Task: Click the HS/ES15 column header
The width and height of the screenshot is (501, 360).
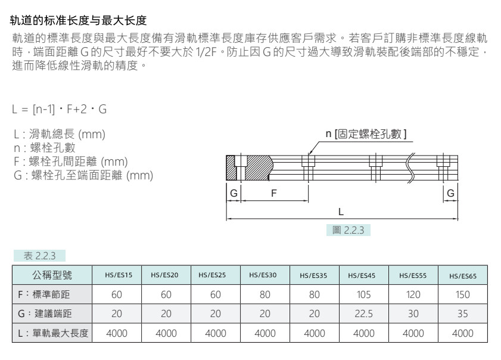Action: coord(118,275)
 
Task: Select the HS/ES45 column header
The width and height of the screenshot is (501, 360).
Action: coord(362,275)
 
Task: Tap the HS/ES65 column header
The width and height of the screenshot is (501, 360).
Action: coord(463,276)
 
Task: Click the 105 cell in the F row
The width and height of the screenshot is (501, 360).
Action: coord(363,294)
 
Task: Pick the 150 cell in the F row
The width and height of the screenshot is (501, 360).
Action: coord(462,294)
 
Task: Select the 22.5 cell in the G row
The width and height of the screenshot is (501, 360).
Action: coord(363,314)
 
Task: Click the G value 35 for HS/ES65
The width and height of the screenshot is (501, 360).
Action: coord(462,314)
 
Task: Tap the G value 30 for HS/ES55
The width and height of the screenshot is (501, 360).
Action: coord(413,314)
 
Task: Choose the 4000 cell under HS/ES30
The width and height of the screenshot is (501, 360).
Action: coord(265,333)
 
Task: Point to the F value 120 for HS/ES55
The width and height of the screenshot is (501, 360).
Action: coord(413,294)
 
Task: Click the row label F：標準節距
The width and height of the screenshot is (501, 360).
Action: coord(43,294)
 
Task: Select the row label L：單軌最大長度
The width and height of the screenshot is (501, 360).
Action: coord(53,333)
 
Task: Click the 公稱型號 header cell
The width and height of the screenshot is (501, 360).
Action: coord(52,275)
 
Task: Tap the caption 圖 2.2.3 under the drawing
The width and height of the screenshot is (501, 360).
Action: coord(348,230)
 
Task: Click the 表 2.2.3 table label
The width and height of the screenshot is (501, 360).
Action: coord(40,256)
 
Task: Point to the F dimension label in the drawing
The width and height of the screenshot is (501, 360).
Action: coord(274,193)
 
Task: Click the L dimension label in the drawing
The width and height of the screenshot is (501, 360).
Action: coord(341,212)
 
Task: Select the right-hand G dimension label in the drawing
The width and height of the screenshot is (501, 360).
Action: coord(450,193)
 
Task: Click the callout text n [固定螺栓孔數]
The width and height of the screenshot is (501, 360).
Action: coord(366,134)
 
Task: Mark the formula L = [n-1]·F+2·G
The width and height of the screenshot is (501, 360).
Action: coord(60,109)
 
